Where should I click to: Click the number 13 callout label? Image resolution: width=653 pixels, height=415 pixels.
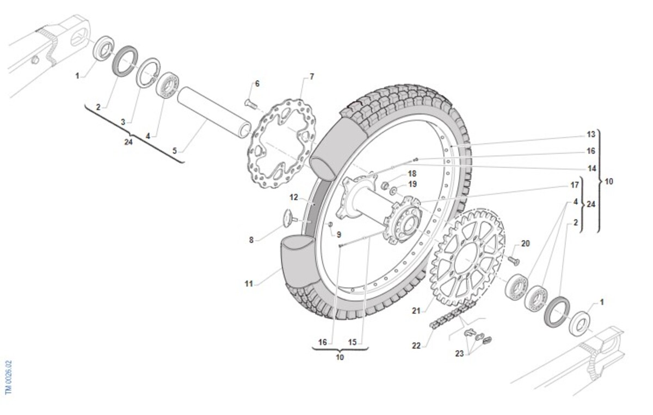point(591,135)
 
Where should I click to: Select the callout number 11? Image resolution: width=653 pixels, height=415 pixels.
point(249,283)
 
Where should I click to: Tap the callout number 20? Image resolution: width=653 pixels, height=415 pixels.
point(525,243)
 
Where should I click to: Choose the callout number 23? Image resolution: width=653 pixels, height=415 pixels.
point(459,353)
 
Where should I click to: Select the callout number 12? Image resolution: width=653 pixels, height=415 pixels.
point(294,197)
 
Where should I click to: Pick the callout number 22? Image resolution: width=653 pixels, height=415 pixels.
point(416,345)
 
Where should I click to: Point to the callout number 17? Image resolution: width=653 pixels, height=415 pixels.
point(575,185)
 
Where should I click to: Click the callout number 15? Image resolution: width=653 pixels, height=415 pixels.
point(352,342)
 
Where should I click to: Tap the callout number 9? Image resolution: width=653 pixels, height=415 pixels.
point(338,235)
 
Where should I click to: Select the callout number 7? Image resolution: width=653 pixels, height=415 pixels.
point(311,77)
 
